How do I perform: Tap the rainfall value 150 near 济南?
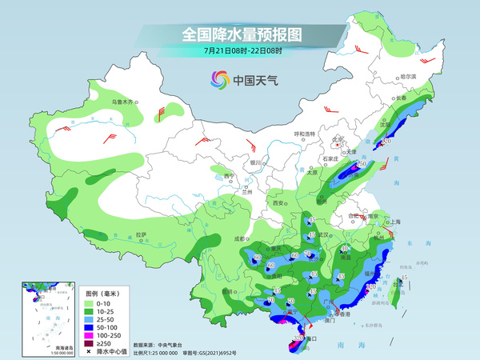tap(362, 164)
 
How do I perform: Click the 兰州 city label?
tap(247, 192)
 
